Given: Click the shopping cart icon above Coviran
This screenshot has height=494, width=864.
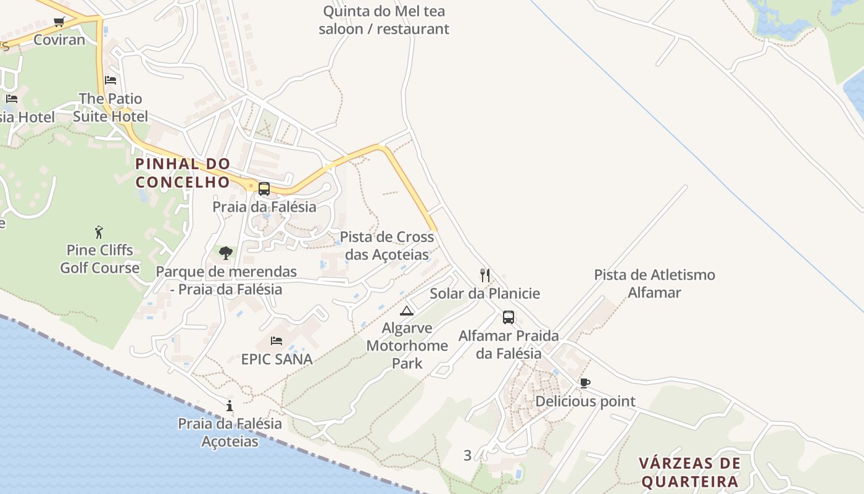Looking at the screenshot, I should tap(59, 22).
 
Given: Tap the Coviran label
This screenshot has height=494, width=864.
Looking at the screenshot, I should tap(59, 40).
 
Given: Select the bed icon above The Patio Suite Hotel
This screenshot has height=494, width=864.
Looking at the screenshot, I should tap(110, 80).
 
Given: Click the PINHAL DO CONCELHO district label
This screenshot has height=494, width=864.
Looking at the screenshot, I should tap(183, 173).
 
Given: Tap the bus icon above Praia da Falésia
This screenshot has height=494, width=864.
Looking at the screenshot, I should tap(264, 189).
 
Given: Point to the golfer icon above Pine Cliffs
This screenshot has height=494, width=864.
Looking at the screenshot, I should tap(99, 232).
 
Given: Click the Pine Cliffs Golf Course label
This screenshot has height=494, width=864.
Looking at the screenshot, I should tap(99, 259).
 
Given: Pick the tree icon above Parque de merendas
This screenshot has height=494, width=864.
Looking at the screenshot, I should tap(226, 253).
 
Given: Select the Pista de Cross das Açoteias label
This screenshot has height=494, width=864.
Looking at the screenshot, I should tap(387, 246).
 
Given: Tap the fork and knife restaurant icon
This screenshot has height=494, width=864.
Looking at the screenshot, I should tap(485, 275).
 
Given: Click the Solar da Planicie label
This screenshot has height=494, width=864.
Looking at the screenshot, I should tap(484, 294).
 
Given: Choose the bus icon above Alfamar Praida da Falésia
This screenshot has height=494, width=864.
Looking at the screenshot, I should tap(509, 317).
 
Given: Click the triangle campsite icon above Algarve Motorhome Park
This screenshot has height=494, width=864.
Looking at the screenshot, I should tap(406, 311).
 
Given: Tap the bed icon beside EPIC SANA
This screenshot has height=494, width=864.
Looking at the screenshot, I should tap(276, 341).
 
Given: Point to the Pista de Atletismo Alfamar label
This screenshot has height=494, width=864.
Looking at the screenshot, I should tap(654, 283).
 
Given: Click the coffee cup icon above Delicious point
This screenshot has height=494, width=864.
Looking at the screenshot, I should tap(584, 383).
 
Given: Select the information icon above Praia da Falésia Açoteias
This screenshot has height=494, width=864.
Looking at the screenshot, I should tap(230, 406).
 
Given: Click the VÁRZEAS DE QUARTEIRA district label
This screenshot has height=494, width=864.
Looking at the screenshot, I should tap(689, 472).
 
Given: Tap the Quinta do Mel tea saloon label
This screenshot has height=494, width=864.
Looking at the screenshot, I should tap(384, 20).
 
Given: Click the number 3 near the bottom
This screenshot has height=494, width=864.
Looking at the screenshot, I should tap(467, 456).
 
